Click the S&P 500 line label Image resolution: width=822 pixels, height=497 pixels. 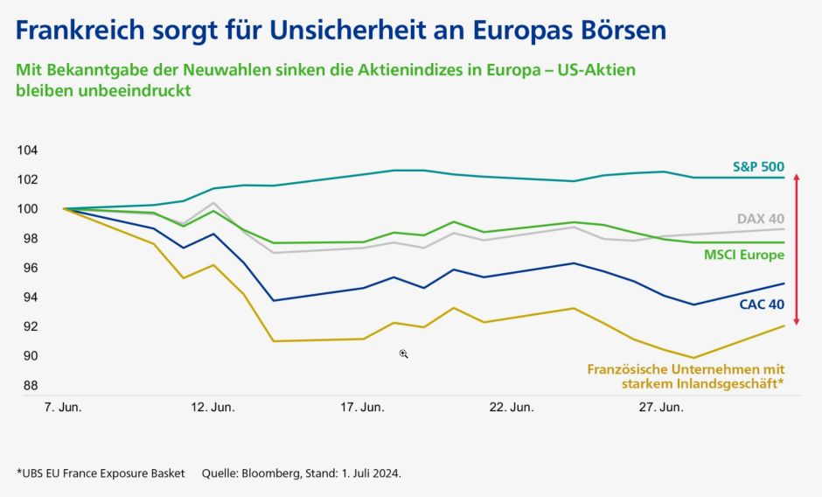(x=758, y=165)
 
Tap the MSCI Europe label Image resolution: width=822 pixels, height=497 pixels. (x=743, y=255)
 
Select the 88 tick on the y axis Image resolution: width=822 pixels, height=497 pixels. (x=30, y=385)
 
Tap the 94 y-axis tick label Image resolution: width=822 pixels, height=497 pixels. (x=30, y=297)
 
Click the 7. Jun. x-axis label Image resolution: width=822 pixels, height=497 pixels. (x=63, y=408)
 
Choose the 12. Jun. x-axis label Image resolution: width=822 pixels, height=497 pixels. (x=212, y=408)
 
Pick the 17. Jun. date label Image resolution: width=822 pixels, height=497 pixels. (x=362, y=408)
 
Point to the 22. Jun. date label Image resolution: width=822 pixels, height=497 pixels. (x=512, y=408)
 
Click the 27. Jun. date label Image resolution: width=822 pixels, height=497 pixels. (x=661, y=408)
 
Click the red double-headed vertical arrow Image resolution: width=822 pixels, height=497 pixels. (x=796, y=250)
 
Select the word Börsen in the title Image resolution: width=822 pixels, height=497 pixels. (x=622, y=31)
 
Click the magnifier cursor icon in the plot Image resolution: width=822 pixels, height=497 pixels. (x=404, y=353)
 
